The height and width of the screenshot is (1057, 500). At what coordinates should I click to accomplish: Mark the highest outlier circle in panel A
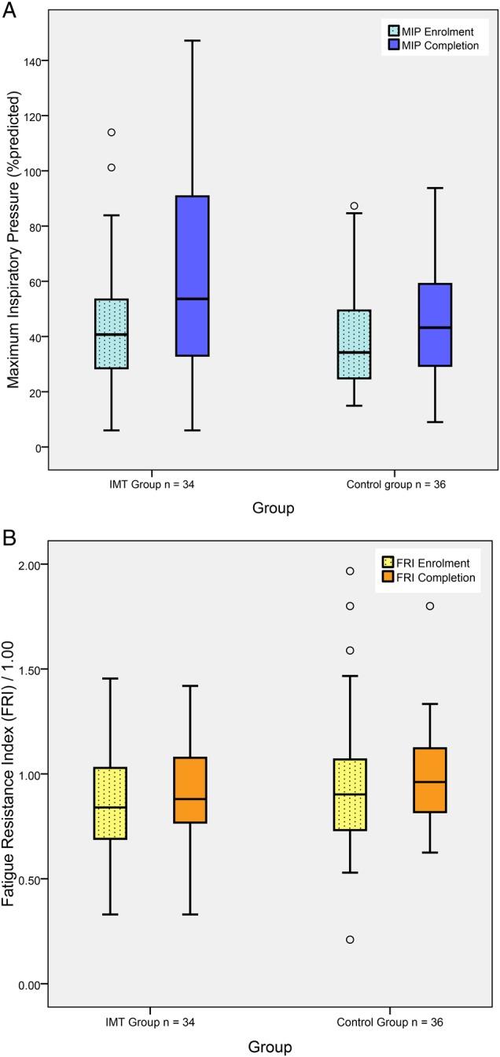click(112, 132)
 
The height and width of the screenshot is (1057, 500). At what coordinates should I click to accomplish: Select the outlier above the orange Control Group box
click(430, 606)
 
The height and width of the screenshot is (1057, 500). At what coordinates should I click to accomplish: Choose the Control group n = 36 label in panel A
click(392, 486)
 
